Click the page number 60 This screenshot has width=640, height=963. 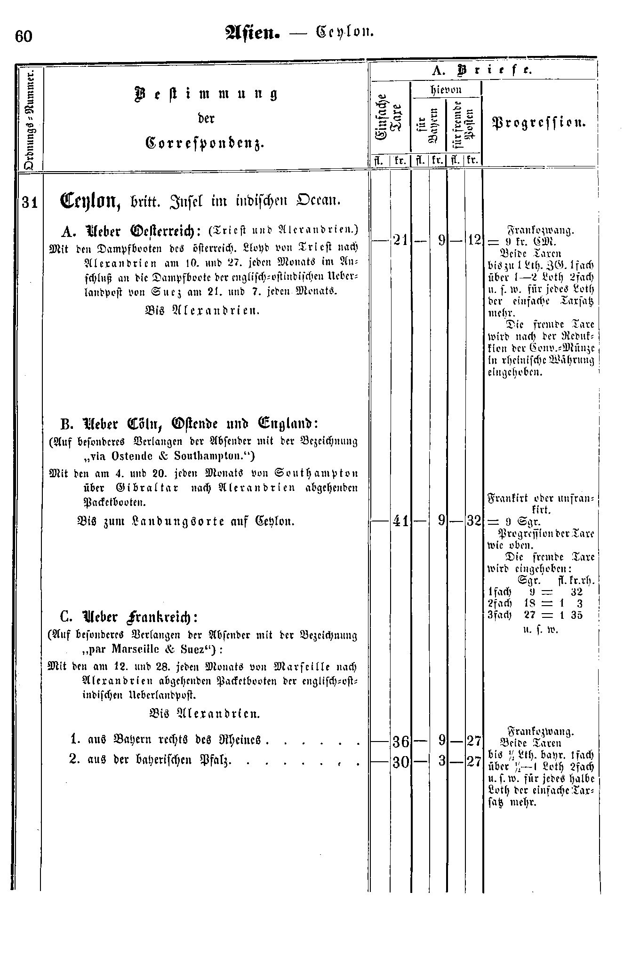click(24, 36)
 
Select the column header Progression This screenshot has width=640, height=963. click(538, 123)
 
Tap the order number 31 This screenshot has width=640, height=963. click(30, 202)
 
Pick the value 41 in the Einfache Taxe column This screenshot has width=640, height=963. click(400, 521)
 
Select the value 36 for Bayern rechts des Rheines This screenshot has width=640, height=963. click(400, 742)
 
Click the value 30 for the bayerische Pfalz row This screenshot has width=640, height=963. click(400, 762)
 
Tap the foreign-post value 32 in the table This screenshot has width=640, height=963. click(473, 521)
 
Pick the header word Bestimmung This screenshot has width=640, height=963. click(206, 94)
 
